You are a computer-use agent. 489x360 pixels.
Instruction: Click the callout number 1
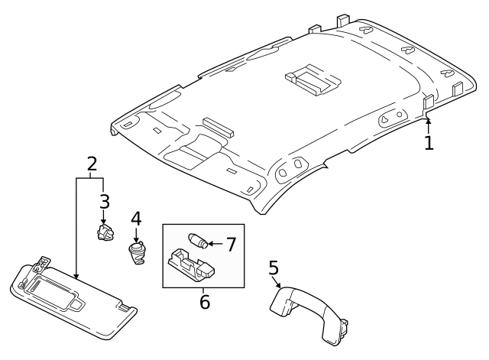point(429,142)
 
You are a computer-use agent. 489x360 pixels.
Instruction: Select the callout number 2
point(92,163)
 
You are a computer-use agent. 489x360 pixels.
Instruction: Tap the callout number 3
point(104,201)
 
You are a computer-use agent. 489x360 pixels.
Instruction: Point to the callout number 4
point(136,219)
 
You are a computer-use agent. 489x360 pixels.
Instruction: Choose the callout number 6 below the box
point(204,301)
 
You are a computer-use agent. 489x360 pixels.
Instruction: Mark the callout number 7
point(231,245)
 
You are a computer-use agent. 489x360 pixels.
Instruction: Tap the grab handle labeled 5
point(306,310)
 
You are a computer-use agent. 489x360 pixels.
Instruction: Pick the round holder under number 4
point(137,252)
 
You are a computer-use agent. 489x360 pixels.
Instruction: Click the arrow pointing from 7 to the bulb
point(215,245)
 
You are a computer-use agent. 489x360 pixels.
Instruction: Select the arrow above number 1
point(429,124)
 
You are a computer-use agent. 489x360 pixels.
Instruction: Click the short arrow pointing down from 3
point(104,217)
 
